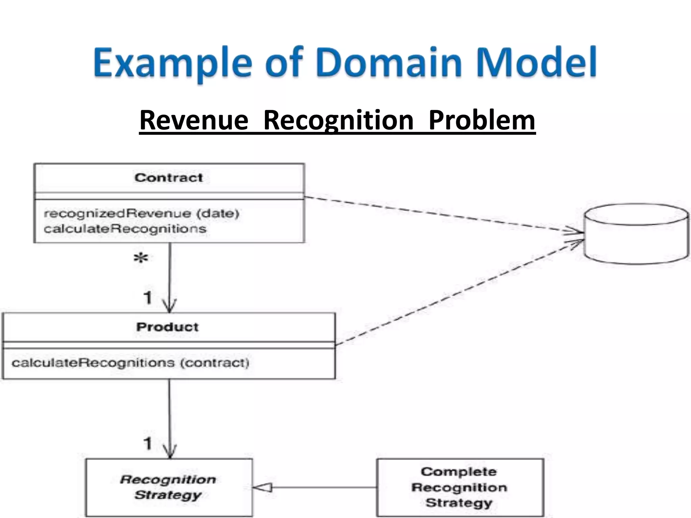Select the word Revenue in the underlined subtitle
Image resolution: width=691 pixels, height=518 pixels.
click(x=194, y=120)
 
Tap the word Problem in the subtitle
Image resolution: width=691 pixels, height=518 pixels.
click(x=482, y=120)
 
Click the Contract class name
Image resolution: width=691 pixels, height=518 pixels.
click(x=169, y=178)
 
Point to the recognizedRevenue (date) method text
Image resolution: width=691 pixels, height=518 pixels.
click(x=141, y=213)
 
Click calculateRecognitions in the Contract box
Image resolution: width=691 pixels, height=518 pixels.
click(x=125, y=229)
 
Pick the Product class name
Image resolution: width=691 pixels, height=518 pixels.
click(x=167, y=327)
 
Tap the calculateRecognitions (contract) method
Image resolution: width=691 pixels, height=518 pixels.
click(x=130, y=363)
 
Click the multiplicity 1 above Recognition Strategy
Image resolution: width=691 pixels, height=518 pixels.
click(x=148, y=444)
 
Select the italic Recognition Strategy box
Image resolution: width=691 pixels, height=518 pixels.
click(x=168, y=487)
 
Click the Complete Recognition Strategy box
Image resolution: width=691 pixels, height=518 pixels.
click(x=460, y=487)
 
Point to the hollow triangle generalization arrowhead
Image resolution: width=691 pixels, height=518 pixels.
click(x=262, y=488)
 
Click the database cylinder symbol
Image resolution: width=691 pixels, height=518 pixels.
click(x=636, y=233)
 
